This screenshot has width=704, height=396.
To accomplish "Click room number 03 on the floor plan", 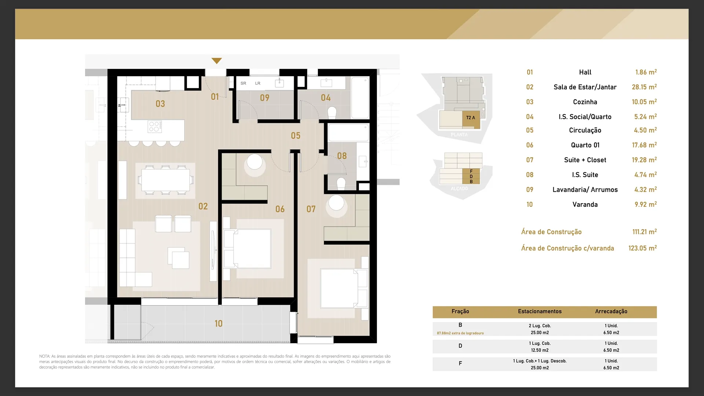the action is tap(160, 104).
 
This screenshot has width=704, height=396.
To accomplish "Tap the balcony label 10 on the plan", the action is tap(219, 323).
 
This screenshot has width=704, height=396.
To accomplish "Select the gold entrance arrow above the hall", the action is tap(217, 61).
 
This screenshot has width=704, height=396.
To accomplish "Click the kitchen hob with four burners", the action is tap(155, 126).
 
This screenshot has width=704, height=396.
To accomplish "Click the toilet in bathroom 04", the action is tap(332, 113).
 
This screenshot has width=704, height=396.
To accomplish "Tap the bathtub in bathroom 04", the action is tap(360, 97).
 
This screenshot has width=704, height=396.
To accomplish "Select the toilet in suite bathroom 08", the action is tap(341, 183).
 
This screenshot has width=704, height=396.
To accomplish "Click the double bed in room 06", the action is tap(247, 248).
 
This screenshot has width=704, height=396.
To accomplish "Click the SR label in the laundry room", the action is tap(243, 83).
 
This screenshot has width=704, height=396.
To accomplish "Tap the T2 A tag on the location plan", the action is tap(471, 118).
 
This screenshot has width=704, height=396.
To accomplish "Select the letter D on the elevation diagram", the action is tap(471, 176).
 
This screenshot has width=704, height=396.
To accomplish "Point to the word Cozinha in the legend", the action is tap(585, 102).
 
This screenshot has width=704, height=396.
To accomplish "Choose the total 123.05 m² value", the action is tap(642, 248).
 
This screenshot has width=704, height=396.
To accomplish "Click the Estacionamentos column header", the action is tap(540, 311).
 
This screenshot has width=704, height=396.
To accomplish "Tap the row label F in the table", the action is tap(460, 363).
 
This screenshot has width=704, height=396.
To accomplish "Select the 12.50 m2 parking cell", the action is tap(540, 350).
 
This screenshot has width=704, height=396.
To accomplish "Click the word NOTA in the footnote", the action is tap(44, 356).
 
